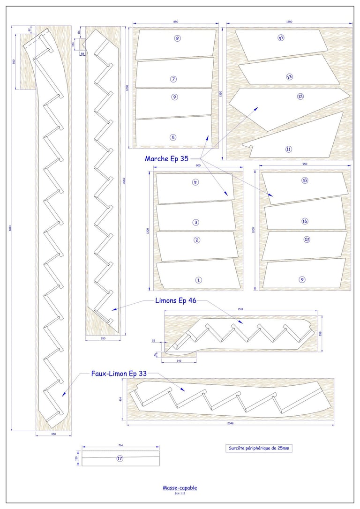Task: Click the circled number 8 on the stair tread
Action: [177, 38]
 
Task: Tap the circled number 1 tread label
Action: [198, 280]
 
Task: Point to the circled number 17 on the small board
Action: [120, 459]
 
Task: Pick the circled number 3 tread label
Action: [196, 222]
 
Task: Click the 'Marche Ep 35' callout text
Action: [166, 159]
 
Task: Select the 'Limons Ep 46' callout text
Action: [176, 301]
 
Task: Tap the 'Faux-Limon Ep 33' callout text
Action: [119, 374]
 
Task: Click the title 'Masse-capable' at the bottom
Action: [180, 488]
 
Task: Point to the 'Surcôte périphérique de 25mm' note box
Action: [259, 448]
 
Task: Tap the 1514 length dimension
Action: [240, 310]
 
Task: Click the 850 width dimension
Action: [176, 22]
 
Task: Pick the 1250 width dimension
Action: [289, 22]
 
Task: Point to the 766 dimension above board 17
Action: [120, 446]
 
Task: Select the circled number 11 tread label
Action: [289, 149]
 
